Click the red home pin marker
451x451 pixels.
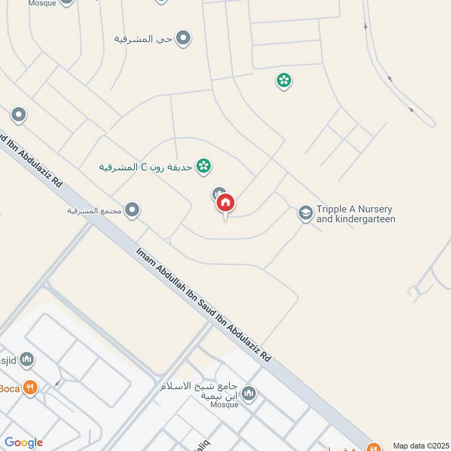[x=225, y=202]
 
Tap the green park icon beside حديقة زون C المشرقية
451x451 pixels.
[x=203, y=166]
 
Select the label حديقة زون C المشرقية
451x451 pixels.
[x=147, y=167]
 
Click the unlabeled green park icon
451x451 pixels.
[x=284, y=81]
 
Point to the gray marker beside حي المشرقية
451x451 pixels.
[x=183, y=38]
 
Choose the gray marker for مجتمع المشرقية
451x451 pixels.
[x=132, y=210]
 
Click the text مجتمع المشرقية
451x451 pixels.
[x=95, y=211]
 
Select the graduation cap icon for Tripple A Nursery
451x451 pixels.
[x=305, y=213]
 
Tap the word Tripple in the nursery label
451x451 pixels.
[x=331, y=209]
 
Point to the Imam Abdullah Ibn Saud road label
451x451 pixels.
[x=204, y=305]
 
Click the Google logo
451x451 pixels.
[x=24, y=443]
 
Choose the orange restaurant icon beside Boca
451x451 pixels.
[x=30, y=388]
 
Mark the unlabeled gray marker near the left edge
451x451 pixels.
[x=18, y=116]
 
